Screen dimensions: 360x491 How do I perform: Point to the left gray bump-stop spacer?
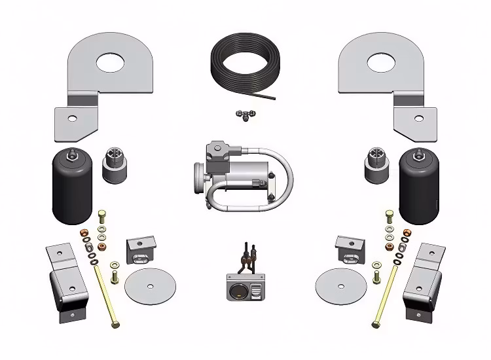[115, 167]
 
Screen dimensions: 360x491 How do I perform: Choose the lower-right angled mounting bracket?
[424, 281]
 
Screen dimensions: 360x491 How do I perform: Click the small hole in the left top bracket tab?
[72, 118]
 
